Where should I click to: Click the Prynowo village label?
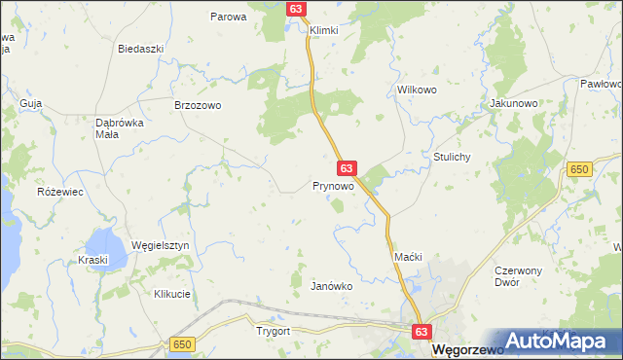pyautogui.click(x=333, y=185)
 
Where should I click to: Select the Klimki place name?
pyautogui.click(x=323, y=30)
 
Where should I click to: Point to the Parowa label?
pyautogui.click(x=229, y=17)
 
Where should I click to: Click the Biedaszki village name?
pyautogui.click(x=138, y=49)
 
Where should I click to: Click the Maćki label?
pyautogui.click(x=407, y=256)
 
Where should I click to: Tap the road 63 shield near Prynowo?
pyautogui.click(x=347, y=168)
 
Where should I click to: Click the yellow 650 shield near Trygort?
pyautogui.click(x=181, y=344)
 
